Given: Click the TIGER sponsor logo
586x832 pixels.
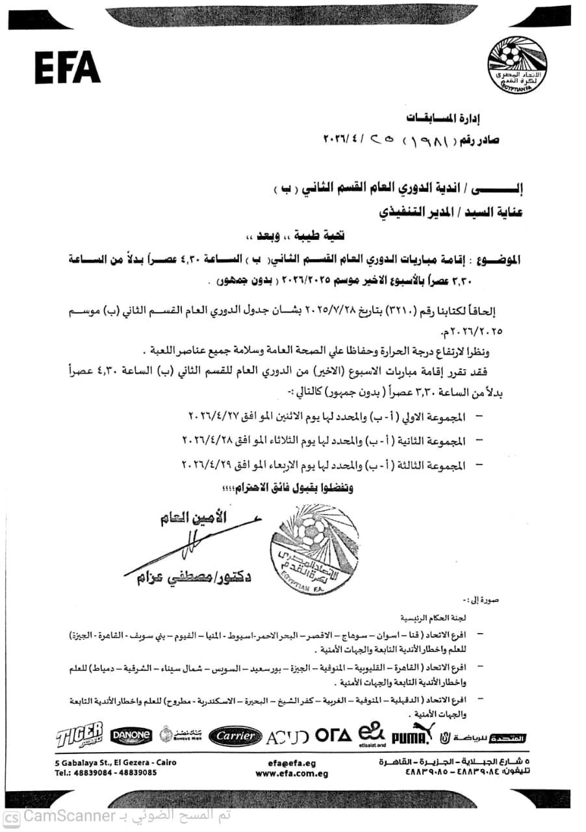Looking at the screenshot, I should click(x=79, y=736).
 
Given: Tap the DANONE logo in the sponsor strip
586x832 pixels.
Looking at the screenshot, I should click(x=131, y=736).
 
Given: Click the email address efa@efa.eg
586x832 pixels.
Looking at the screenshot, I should click(x=291, y=762).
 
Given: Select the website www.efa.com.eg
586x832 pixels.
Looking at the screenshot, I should click(x=291, y=773).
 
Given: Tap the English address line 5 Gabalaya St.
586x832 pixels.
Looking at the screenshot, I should click(x=115, y=762).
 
